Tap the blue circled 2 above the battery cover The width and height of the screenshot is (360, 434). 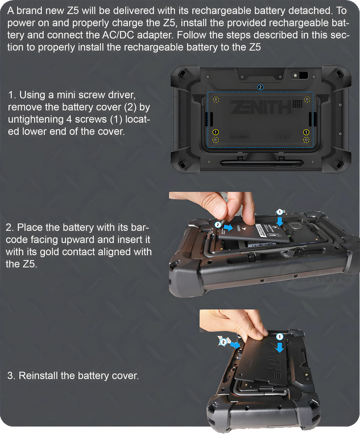[260, 87]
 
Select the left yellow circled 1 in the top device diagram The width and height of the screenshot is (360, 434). [216, 132]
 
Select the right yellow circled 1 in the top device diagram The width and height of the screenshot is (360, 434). [306, 132]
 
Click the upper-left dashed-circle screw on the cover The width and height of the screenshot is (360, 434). [216, 100]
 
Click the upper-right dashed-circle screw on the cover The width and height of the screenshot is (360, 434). [307, 100]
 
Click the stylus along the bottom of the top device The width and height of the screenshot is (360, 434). [261, 163]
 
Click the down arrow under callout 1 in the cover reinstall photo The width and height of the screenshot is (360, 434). [280, 347]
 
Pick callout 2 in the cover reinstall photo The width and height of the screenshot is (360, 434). [224, 342]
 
